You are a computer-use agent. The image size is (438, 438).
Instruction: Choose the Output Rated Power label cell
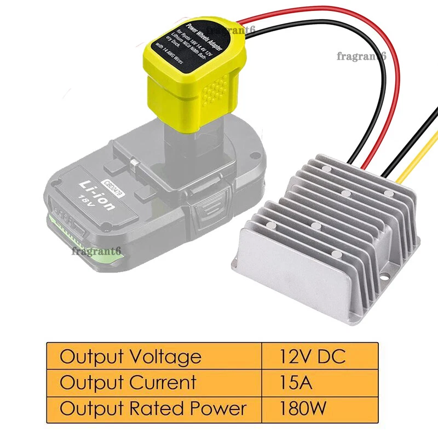(154, 408)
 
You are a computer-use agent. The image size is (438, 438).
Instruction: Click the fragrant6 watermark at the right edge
(362, 56)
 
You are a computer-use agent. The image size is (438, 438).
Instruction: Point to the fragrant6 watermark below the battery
(96, 251)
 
